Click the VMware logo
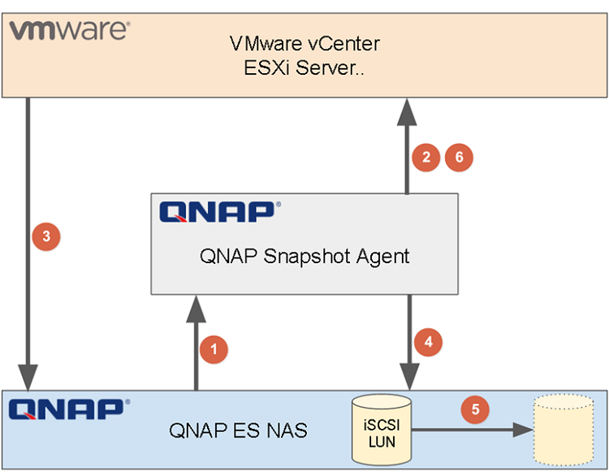tap(69, 31)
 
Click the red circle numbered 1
tap(214, 349)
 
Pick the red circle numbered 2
tap(425, 157)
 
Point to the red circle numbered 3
tap(45, 236)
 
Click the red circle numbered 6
tap(459, 157)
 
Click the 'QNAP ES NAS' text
tap(238, 430)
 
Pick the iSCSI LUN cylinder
tap(382, 429)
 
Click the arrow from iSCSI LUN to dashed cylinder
tap(471, 431)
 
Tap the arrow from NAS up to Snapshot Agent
tap(196, 341)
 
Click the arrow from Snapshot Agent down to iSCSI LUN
tap(408, 341)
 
